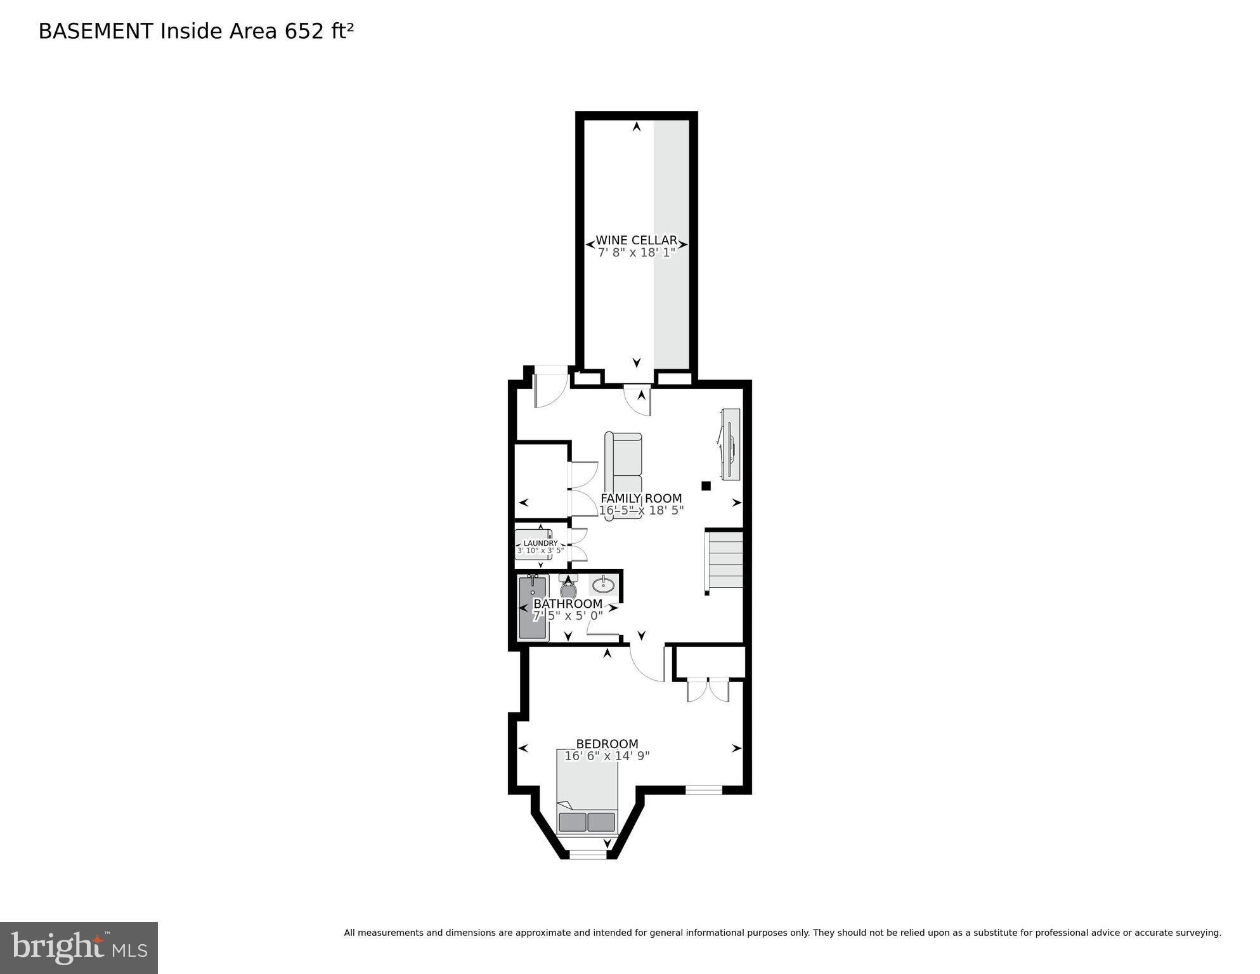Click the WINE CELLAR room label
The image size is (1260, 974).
point(636,240)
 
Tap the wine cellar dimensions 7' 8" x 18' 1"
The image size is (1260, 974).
point(636,253)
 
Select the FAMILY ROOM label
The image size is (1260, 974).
point(641,499)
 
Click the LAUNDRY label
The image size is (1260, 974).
point(540,543)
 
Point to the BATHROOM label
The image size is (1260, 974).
point(568,604)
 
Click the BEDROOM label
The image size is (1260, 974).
point(607,744)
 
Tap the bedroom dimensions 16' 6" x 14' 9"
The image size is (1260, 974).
point(607,756)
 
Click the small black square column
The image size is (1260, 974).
point(706,486)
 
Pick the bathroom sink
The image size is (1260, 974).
point(603,584)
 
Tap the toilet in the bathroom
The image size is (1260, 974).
point(568,588)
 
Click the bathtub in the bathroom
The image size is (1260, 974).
point(532,607)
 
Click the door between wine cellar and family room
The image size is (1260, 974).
point(638,400)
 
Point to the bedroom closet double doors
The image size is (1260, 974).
point(708,690)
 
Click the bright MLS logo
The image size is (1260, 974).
point(79,947)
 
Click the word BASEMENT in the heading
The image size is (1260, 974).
point(95,31)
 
